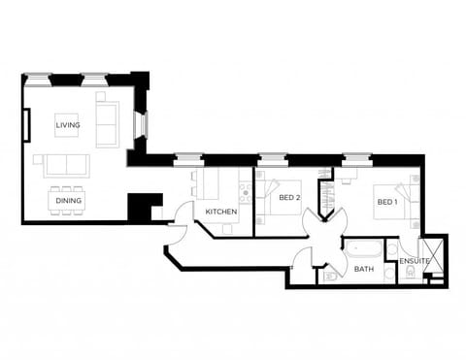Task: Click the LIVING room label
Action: click(x=68, y=125)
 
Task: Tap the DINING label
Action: click(x=68, y=201)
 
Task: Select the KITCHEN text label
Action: click(x=221, y=212)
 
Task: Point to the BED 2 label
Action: click(x=288, y=198)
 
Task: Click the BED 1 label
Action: click(x=386, y=202)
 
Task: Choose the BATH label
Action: click(x=364, y=269)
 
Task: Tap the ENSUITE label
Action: click(x=415, y=260)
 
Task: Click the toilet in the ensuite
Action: click(x=411, y=274)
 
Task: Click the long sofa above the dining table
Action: click(x=64, y=164)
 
